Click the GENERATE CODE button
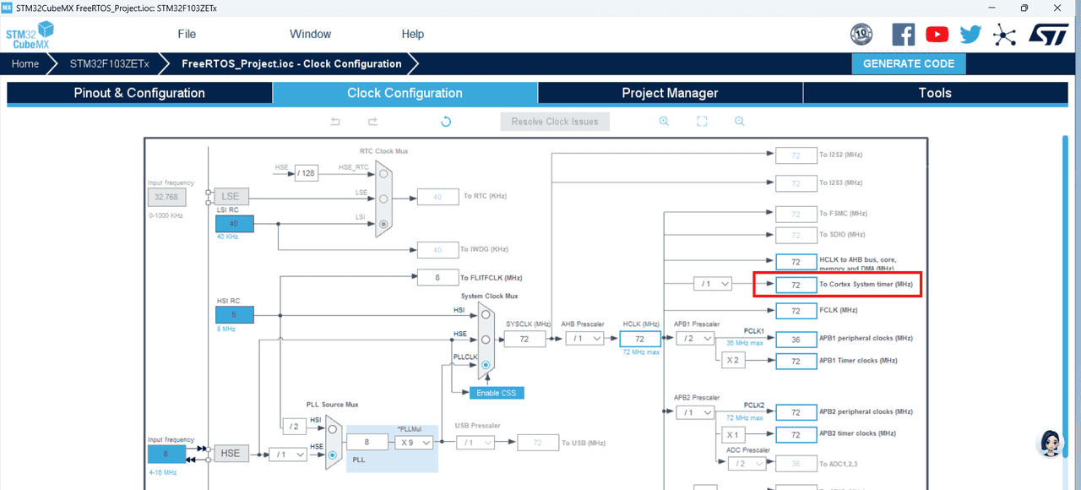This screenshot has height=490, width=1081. pyautogui.click(x=909, y=63)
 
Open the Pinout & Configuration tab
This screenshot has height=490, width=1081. pyautogui.click(x=139, y=93)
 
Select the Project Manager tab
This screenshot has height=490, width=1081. pyautogui.click(x=670, y=93)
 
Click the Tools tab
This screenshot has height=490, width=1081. pyautogui.click(x=935, y=93)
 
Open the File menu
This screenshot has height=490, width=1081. pyautogui.click(x=187, y=34)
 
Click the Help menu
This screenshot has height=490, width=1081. pyautogui.click(x=413, y=34)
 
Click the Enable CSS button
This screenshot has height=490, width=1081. pyautogui.click(x=497, y=393)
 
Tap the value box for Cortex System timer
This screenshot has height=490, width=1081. pyautogui.click(x=796, y=285)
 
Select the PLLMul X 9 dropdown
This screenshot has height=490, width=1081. pyautogui.click(x=415, y=443)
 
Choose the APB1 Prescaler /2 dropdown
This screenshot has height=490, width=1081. pyautogui.click(x=695, y=338)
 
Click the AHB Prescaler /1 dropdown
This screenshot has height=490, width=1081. pyautogui.click(x=584, y=338)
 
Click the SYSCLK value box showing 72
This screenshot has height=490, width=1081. pyautogui.click(x=524, y=339)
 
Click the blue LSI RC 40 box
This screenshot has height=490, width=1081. pyautogui.click(x=234, y=224)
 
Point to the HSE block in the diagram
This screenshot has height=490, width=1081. pyautogui.click(x=231, y=454)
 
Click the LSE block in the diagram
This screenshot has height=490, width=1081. pyautogui.click(x=231, y=196)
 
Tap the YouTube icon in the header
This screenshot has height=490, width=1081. pyautogui.click(x=937, y=34)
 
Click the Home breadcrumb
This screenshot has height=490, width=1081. pyautogui.click(x=25, y=63)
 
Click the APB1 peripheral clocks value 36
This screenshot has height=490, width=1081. pyautogui.click(x=796, y=339)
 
